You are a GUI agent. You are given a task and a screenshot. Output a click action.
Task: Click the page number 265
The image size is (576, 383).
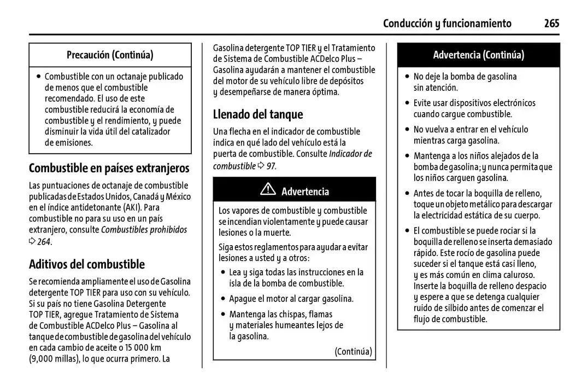(x=551, y=24)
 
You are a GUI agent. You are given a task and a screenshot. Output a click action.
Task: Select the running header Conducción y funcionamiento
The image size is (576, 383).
(x=447, y=24)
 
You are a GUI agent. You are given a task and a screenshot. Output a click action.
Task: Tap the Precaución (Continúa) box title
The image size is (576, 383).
(x=110, y=55)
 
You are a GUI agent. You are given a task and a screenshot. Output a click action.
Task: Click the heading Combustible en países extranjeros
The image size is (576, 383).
(x=109, y=167)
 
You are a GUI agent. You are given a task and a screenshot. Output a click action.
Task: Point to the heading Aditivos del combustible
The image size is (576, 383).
(x=87, y=264)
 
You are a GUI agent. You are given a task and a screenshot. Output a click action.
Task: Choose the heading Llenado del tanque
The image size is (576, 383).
(x=257, y=114)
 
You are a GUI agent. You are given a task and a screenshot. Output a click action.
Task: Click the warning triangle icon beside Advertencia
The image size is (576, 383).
(x=268, y=190)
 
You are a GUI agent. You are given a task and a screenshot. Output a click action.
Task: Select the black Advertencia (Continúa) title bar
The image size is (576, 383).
(x=478, y=55)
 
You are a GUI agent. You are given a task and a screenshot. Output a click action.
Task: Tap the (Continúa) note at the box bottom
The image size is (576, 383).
(x=353, y=351)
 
